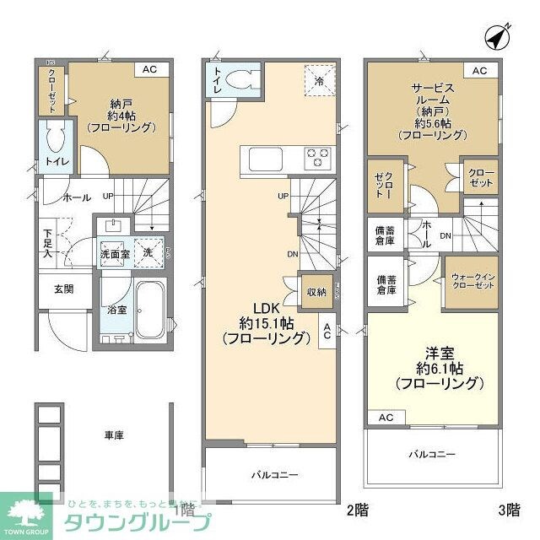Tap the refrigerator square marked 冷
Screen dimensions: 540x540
pyautogui.click(x=319, y=81)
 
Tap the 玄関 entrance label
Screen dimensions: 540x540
pyautogui.click(x=64, y=289)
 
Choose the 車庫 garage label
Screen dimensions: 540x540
pyautogui.click(x=115, y=435)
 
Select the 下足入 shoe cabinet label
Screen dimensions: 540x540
pyautogui.click(x=48, y=240)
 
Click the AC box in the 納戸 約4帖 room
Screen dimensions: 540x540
pyautogui.click(x=149, y=70)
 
